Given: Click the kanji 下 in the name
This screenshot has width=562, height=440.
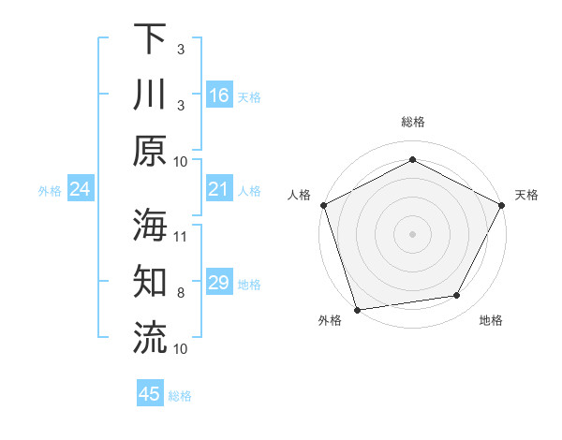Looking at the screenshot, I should [150, 38].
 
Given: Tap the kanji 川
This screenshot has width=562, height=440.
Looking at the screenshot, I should [150, 95].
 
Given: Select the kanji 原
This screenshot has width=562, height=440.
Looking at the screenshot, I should [150, 151].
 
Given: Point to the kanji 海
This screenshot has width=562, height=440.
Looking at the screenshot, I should [150, 224].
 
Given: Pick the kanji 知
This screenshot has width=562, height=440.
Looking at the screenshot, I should [150, 281].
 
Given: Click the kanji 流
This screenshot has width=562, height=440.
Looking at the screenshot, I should [150, 337].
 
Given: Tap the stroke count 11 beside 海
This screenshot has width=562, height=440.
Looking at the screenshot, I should [181, 236].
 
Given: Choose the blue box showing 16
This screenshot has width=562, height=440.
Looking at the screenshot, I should [219, 95].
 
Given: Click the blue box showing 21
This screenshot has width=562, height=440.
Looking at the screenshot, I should [219, 189].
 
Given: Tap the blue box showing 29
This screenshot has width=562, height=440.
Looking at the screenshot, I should [219, 283].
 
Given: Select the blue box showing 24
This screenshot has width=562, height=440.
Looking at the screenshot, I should [81, 189].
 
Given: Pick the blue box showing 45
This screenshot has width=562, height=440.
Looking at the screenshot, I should [150, 394].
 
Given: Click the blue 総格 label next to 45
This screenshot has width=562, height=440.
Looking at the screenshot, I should [180, 396].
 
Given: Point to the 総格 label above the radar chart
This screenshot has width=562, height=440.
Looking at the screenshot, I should [412, 122].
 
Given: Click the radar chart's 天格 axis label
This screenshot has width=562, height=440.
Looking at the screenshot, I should [527, 195].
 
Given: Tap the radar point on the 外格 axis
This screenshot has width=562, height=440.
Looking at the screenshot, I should [356, 310].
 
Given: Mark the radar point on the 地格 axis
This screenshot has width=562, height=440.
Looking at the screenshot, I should [457, 296].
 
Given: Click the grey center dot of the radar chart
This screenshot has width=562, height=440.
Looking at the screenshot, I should [412, 233].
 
